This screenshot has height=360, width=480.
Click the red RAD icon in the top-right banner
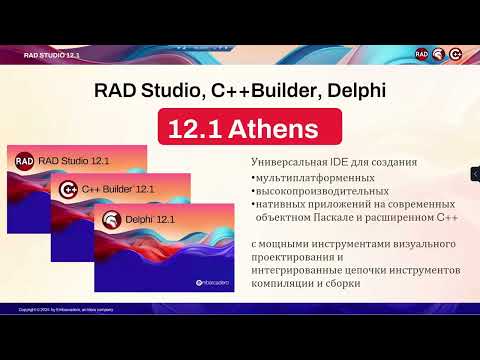(422, 54)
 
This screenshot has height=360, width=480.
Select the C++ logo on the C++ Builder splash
(70, 189)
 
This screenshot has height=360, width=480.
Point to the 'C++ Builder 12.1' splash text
(118, 189)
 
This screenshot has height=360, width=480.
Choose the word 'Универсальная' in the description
(293, 162)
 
